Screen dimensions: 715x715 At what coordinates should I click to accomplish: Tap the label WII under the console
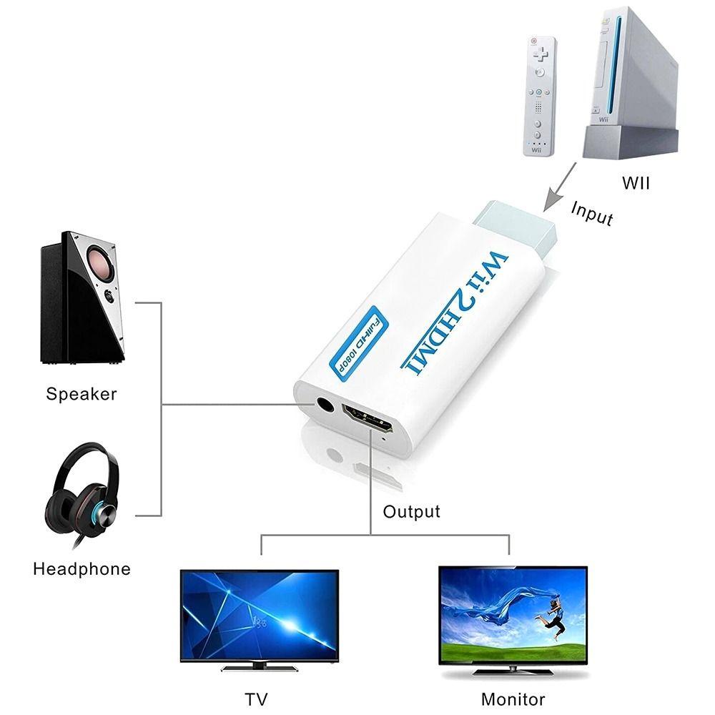click(635, 183)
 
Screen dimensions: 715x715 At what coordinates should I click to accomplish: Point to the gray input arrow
click(559, 186)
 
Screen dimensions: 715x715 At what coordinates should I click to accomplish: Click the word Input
click(593, 212)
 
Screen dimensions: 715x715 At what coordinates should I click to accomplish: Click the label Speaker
click(82, 393)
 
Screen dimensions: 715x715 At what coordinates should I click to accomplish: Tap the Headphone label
click(82, 569)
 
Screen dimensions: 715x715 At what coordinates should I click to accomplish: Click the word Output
click(411, 512)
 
